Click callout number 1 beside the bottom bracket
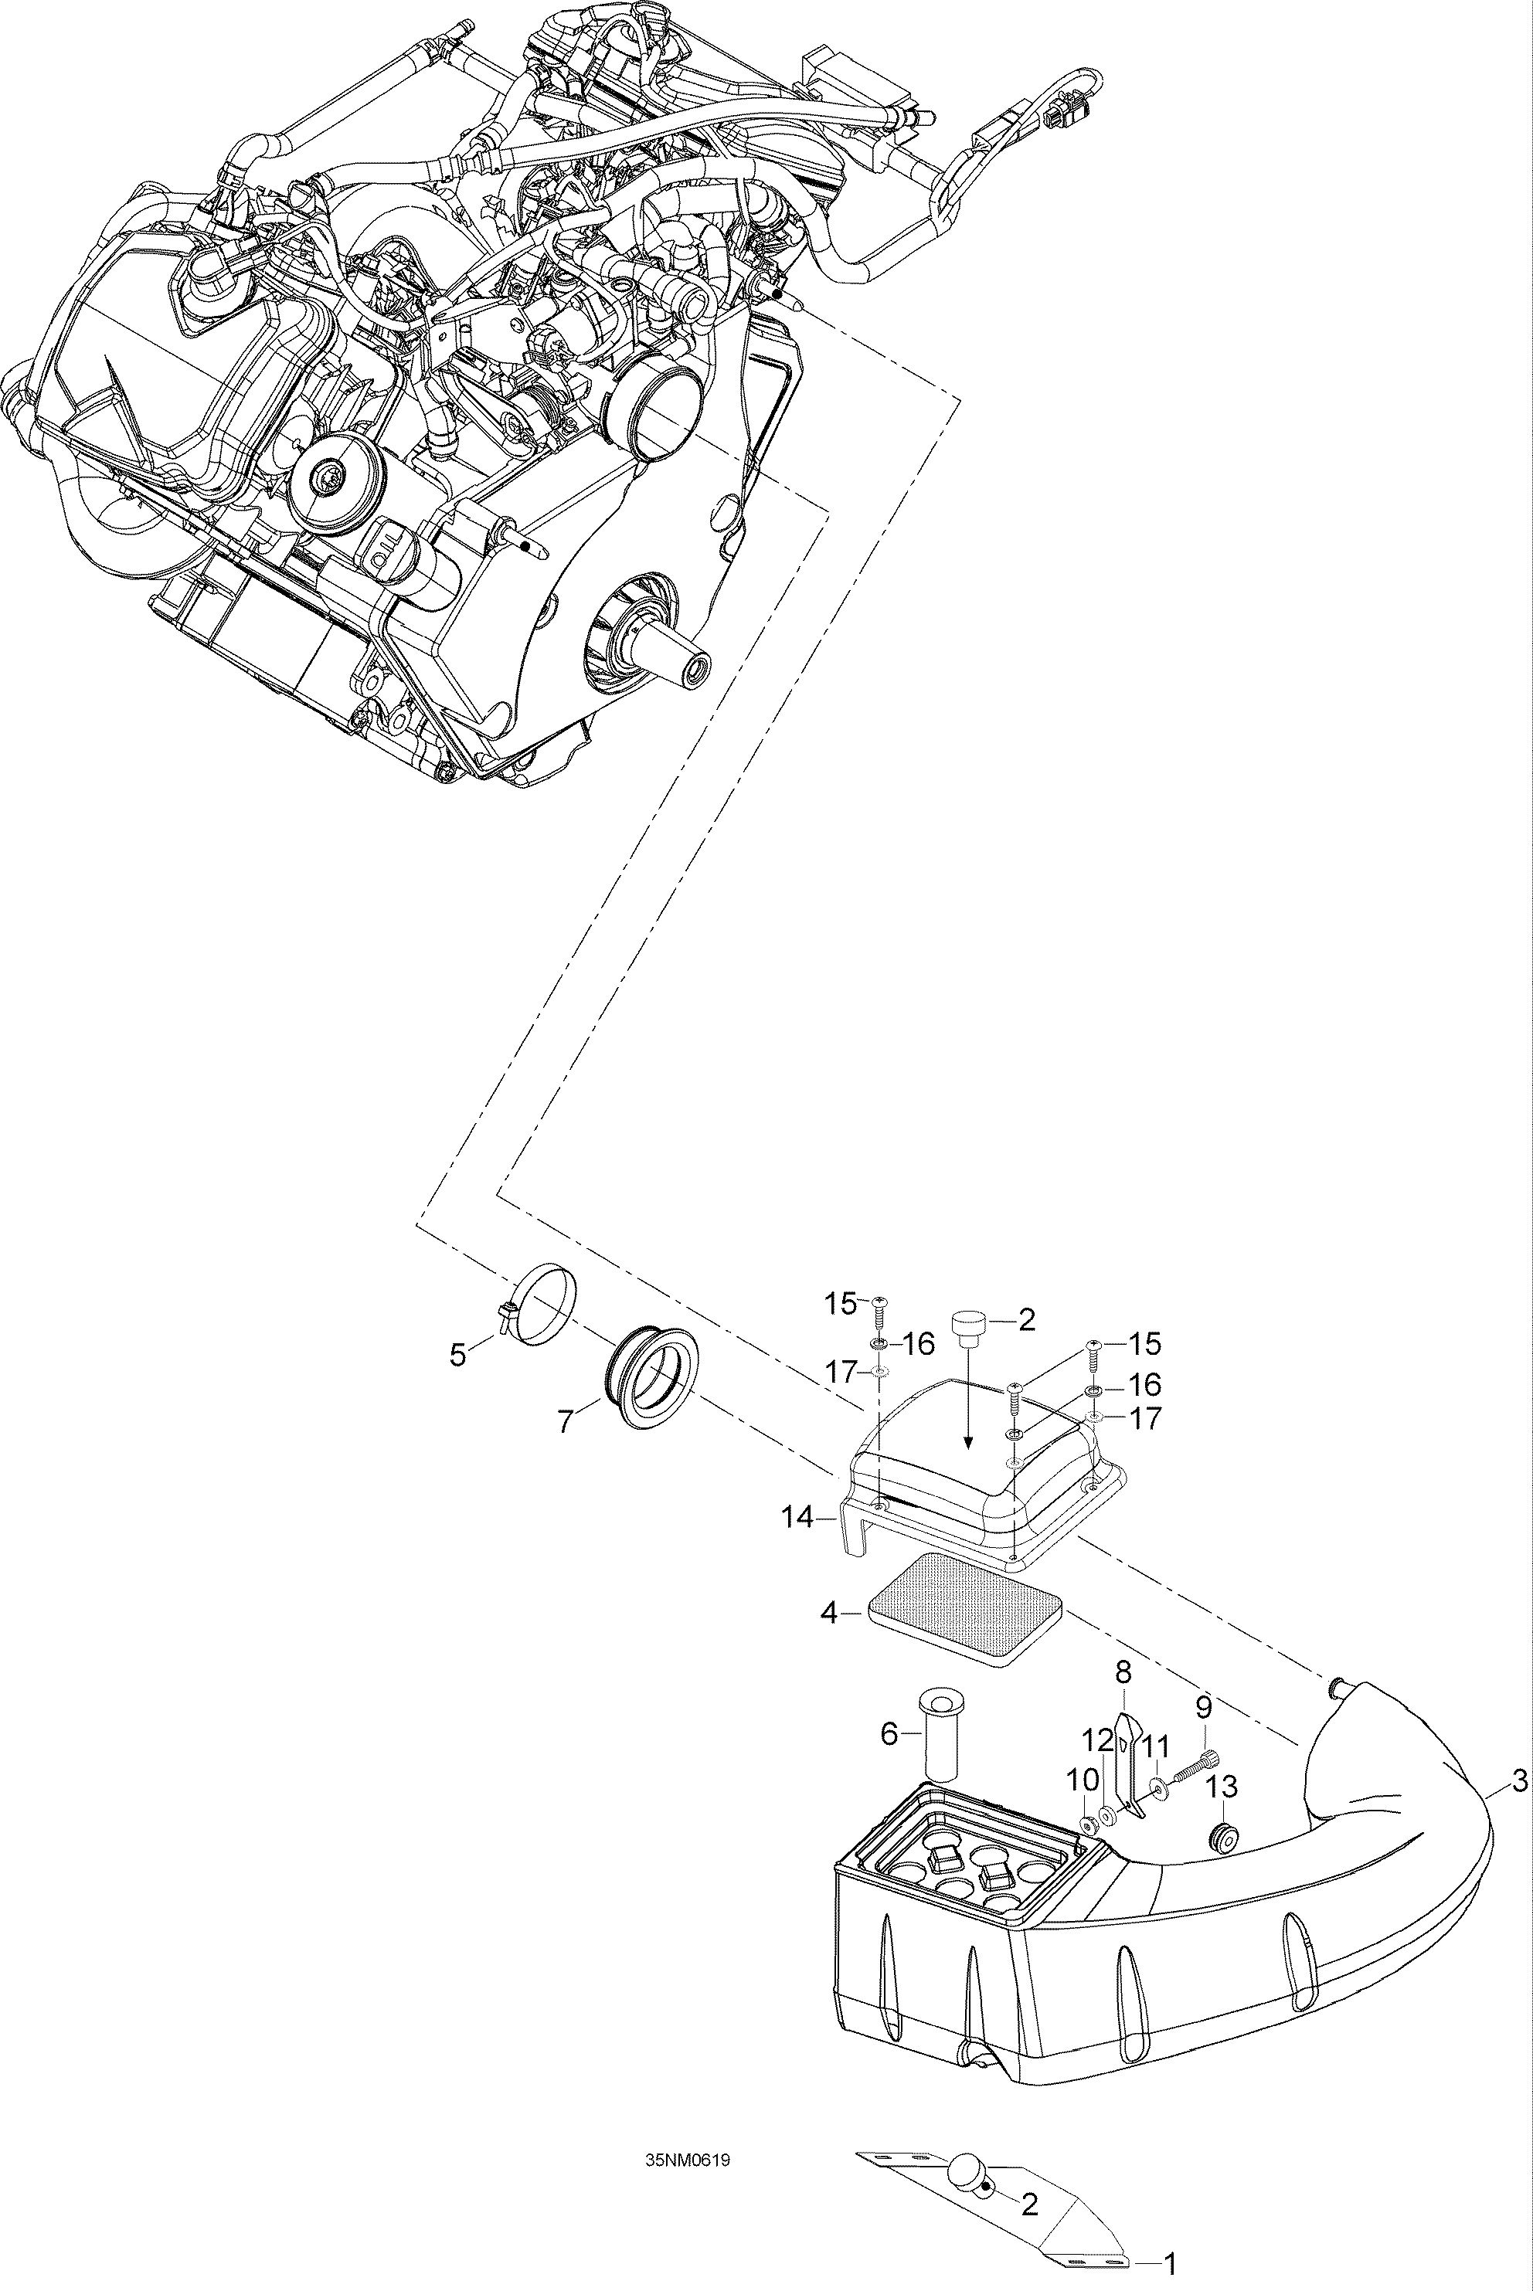pos(1171,2262)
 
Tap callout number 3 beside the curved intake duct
pos(1518,1783)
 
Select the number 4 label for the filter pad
pos(828,1613)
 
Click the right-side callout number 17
pos(1146,1418)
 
